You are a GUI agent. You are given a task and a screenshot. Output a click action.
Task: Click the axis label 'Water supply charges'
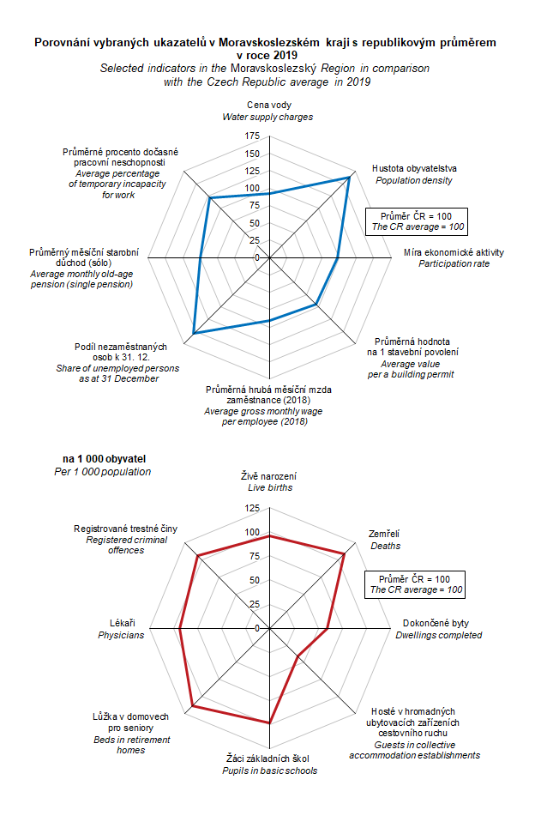267,117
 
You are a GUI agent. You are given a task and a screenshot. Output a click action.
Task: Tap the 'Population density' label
413,180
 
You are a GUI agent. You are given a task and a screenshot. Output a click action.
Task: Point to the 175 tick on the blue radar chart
252,136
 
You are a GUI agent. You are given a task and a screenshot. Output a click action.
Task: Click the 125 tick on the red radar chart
252,509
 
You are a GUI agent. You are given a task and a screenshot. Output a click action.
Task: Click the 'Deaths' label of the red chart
385,546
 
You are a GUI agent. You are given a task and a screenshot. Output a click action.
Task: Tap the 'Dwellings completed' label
438,635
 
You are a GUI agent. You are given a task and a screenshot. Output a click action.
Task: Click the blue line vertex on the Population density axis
350,178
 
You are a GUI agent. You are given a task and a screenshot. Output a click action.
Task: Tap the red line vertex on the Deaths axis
345,553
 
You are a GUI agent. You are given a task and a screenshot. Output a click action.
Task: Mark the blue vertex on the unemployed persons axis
193,333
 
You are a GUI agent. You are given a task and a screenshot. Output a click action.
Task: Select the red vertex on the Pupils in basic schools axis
270,723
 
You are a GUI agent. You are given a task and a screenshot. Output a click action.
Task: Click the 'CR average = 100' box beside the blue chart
417,221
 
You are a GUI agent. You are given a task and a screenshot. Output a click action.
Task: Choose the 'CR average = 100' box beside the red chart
415,584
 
